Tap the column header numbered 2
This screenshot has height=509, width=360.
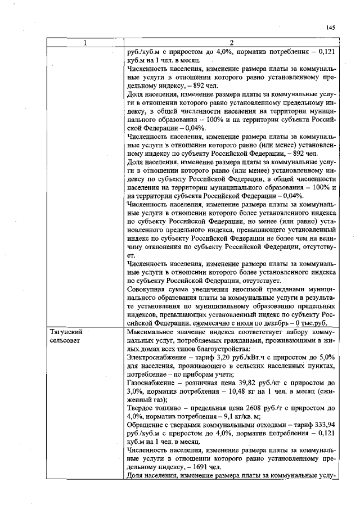(x=232, y=43)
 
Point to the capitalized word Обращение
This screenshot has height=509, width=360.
(x=145, y=430)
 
